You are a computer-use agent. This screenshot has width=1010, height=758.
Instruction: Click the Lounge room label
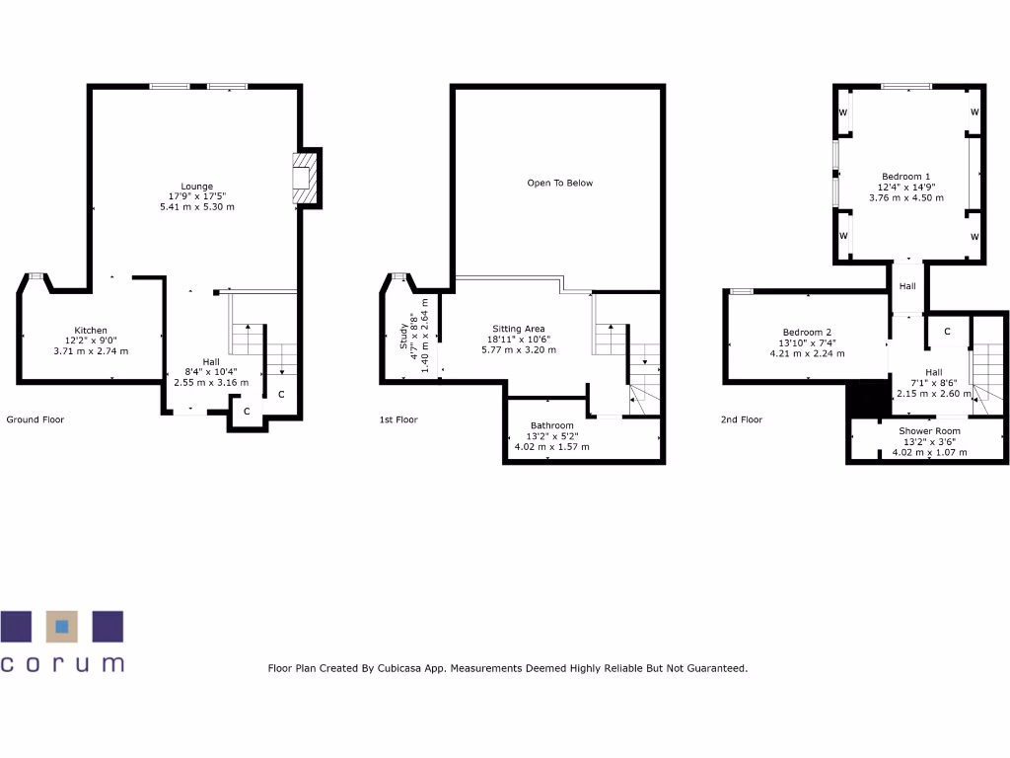click(x=196, y=186)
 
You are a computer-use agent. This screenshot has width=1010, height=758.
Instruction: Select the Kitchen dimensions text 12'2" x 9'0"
click(x=91, y=341)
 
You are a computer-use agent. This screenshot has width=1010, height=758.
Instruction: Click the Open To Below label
click(x=559, y=183)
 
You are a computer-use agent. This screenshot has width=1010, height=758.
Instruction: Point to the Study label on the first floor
click(x=404, y=338)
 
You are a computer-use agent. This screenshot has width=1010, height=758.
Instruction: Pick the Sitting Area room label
click(x=519, y=329)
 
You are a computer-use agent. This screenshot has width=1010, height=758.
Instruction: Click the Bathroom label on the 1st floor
click(x=551, y=426)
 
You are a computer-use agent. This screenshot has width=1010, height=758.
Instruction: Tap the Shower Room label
click(x=928, y=431)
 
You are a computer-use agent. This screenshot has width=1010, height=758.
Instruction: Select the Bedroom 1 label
click(x=905, y=176)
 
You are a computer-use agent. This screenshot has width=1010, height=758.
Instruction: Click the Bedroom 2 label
click(x=807, y=332)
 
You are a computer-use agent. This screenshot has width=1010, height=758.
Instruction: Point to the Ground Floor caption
click(x=36, y=419)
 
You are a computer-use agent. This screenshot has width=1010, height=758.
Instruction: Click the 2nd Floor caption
click(x=743, y=419)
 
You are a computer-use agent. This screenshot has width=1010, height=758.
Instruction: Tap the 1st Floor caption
click(x=398, y=419)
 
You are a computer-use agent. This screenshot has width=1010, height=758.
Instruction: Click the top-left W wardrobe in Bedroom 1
click(x=843, y=113)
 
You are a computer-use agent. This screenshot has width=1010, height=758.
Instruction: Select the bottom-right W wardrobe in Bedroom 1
click(x=974, y=237)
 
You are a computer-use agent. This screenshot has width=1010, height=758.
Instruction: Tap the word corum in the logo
click(x=63, y=663)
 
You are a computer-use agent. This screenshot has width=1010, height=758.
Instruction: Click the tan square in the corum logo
click(x=63, y=626)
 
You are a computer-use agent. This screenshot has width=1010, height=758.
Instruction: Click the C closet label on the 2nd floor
click(x=946, y=332)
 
